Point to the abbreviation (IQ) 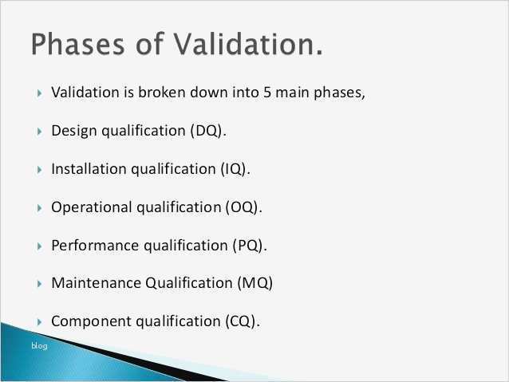click(234, 169)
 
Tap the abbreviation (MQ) click(254, 282)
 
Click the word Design click(73, 131)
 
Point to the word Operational click(91, 207)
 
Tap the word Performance click(93, 245)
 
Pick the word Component click(87, 321)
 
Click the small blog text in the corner click(39, 345)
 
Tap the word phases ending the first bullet click(338, 93)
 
